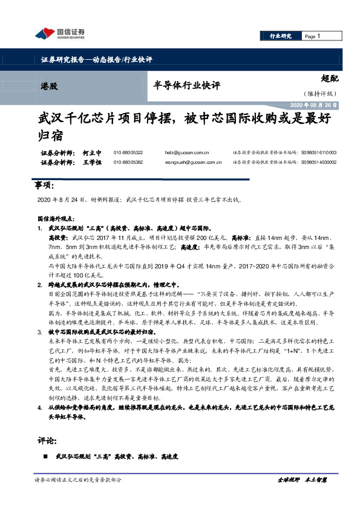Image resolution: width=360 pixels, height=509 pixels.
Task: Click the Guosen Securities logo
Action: click(59, 33)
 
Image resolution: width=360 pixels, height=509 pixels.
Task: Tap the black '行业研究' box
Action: click(280, 36)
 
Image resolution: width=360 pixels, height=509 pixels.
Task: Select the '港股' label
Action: click(50, 86)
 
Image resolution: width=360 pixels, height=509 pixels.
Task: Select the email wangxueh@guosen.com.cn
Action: click(187, 162)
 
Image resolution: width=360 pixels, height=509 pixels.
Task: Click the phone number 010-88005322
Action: click(128, 154)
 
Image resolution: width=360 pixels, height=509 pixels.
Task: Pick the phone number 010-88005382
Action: click(128, 162)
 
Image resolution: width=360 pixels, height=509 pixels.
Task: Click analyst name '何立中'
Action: click(93, 154)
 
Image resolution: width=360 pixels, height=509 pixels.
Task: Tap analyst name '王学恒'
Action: click(93, 162)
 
